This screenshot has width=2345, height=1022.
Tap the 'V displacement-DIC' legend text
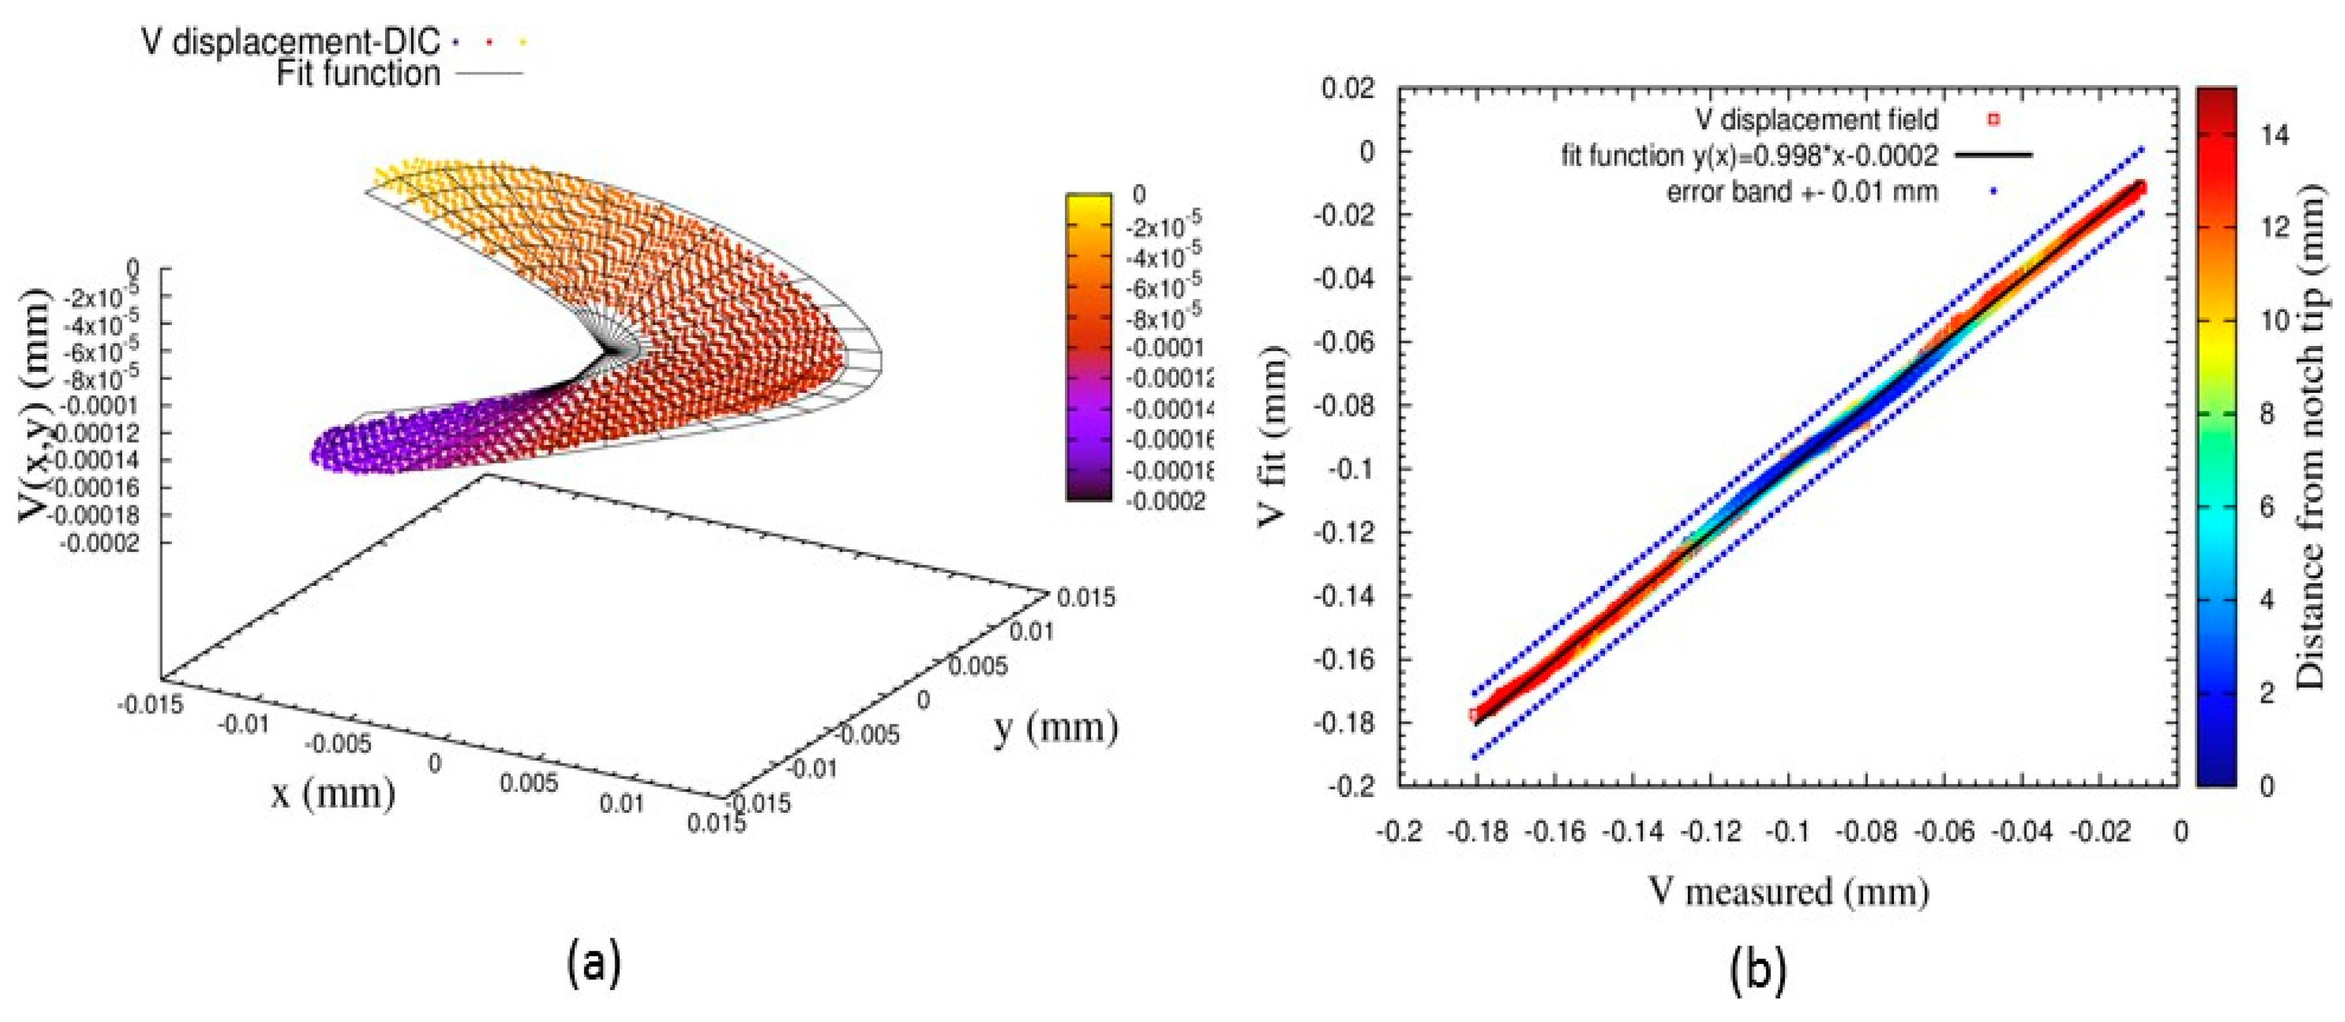pos(290,41)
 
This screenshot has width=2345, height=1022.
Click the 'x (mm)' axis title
pos(333,792)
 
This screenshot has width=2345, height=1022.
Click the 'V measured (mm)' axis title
pos(1789,891)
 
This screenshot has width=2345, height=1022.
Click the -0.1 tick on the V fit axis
pos(1355,469)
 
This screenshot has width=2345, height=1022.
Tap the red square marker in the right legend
pos(1994,119)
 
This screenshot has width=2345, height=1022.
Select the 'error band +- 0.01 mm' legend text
pos(1802,192)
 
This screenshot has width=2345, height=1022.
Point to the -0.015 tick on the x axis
pos(150,704)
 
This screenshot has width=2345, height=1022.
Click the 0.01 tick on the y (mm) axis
pos(1032,631)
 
